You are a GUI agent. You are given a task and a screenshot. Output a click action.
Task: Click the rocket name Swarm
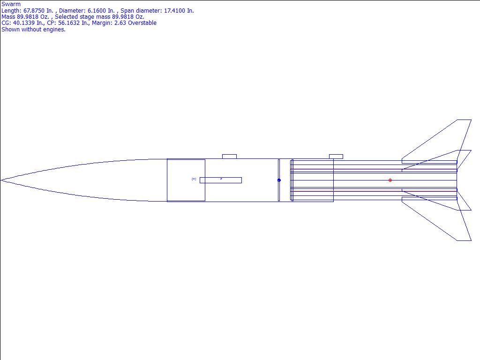(x=11, y=4)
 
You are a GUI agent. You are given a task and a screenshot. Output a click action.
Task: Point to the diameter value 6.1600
(x=101, y=11)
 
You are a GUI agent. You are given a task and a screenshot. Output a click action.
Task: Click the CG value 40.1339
(x=23, y=23)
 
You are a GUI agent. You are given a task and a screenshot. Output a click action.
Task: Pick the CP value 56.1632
(x=68, y=23)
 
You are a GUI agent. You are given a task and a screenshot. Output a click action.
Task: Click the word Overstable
(x=142, y=23)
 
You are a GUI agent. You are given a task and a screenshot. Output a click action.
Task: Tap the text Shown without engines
(x=33, y=30)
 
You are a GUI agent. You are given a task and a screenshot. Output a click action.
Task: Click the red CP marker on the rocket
(x=390, y=180)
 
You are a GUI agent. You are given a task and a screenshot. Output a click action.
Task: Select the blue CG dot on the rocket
(x=279, y=180)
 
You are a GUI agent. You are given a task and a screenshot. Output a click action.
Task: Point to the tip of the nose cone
(x=0, y=180)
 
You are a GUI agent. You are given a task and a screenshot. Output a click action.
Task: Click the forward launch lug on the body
(x=229, y=157)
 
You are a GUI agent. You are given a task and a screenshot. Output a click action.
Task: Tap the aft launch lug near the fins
(x=336, y=157)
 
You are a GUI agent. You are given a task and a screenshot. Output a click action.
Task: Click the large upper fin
(x=441, y=141)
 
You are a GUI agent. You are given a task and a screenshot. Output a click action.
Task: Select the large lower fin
(x=441, y=219)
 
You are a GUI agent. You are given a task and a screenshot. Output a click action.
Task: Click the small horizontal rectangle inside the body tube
(x=221, y=180)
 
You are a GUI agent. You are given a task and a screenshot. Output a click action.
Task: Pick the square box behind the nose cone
(x=186, y=180)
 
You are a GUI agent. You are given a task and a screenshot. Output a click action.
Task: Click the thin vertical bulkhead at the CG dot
(x=279, y=180)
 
